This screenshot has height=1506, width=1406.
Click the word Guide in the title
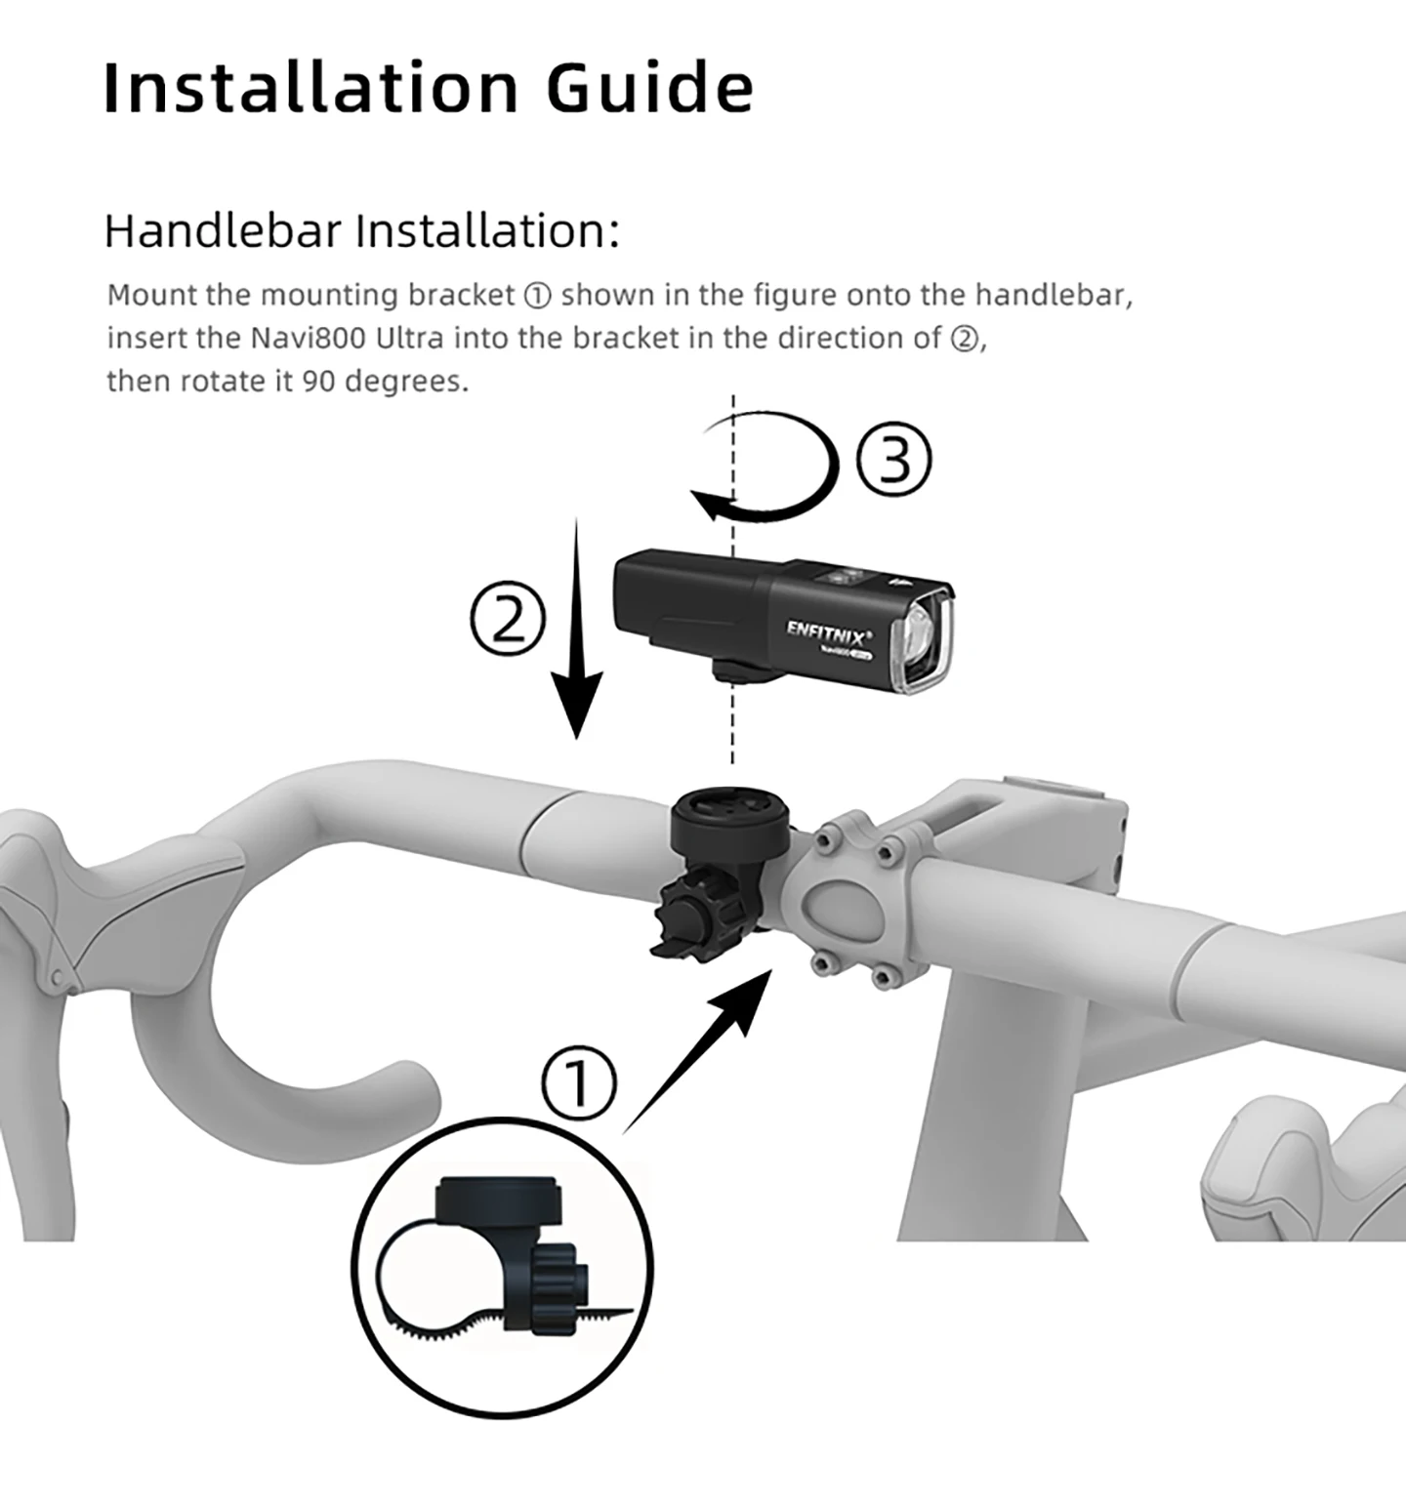[x=649, y=87]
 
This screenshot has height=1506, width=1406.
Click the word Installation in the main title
[x=310, y=87]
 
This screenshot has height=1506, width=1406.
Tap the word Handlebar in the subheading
[x=223, y=231]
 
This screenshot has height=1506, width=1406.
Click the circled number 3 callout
[x=893, y=461]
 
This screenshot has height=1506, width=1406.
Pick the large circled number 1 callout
[x=579, y=1083]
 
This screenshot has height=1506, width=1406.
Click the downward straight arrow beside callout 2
[x=577, y=629]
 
